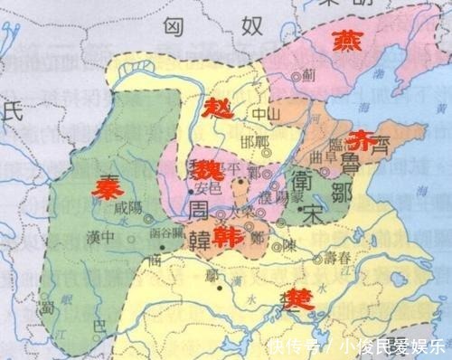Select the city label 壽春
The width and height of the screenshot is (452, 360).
(337, 258)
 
